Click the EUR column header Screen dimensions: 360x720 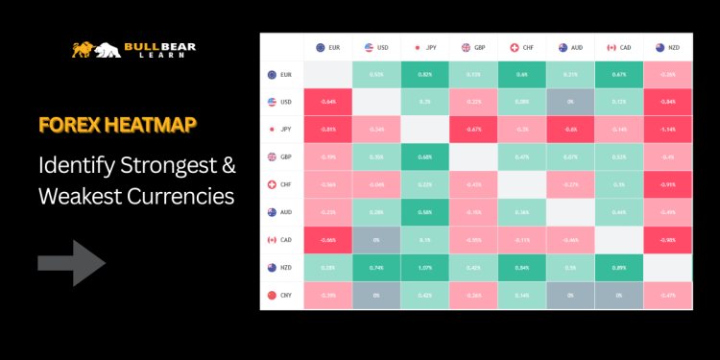click(327, 46)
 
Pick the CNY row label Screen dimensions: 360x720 click(281, 295)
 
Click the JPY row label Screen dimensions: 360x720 click(281, 128)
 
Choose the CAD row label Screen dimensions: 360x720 click(281, 239)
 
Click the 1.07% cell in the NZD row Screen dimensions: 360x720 click(424, 267)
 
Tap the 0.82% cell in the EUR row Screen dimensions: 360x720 click(424, 73)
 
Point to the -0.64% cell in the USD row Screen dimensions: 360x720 click(327, 101)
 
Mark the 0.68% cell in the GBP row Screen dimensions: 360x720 click(424, 156)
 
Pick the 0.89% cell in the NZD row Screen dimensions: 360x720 click(618, 267)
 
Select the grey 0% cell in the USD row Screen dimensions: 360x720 click(570, 101)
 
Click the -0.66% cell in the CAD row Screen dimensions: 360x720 click(327, 239)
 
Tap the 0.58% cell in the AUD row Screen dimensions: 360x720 click(424, 211)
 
